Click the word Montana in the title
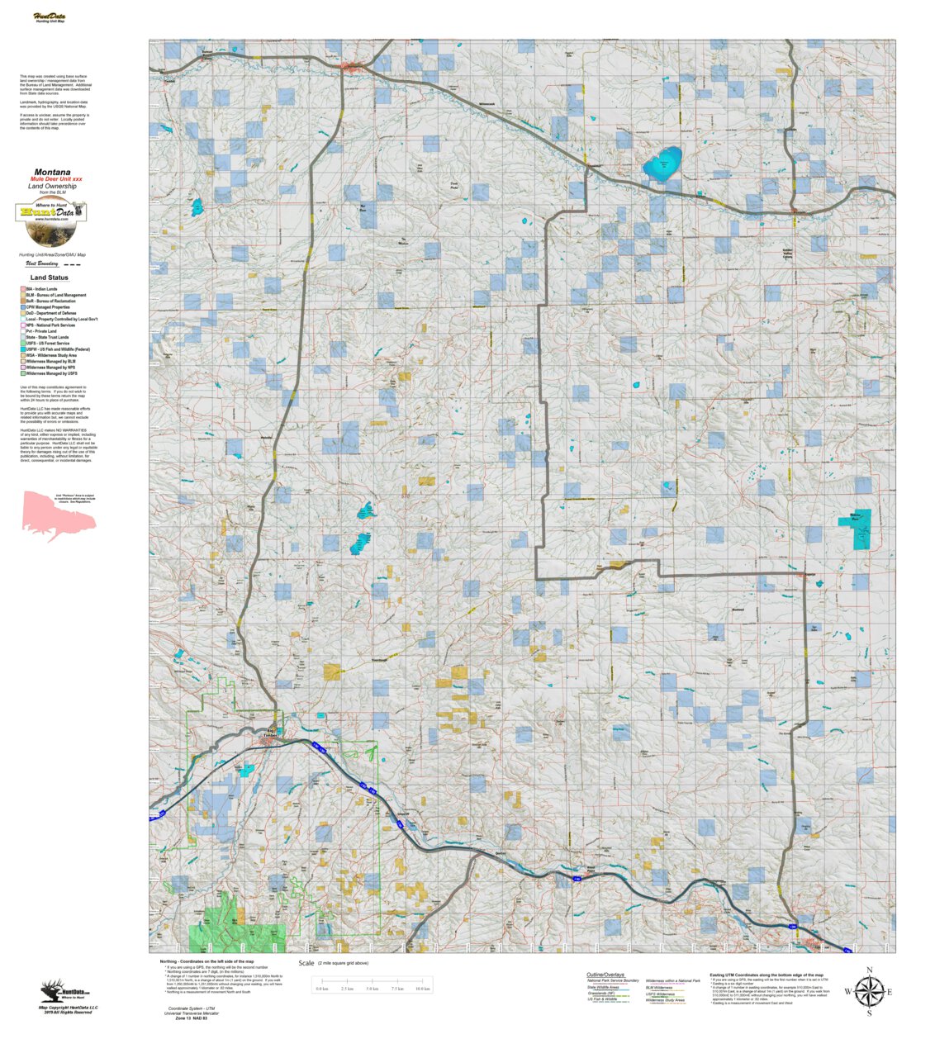click(x=52, y=173)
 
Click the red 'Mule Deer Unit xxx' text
click(x=56, y=179)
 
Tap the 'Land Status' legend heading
click(x=50, y=278)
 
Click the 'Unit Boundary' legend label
click(x=42, y=263)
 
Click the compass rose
click(x=868, y=991)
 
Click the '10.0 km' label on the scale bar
click(x=422, y=989)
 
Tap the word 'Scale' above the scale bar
click(x=306, y=963)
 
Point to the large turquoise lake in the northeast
click(x=662, y=165)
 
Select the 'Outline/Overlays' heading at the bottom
click(x=605, y=975)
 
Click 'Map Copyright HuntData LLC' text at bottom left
click(x=68, y=1008)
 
